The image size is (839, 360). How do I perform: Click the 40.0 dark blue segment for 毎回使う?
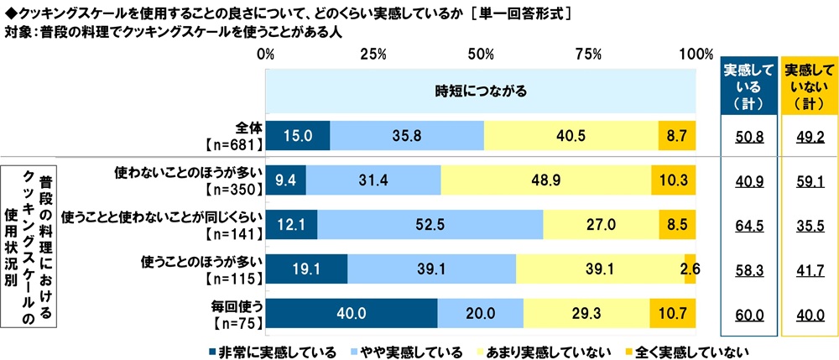click(x=352, y=315)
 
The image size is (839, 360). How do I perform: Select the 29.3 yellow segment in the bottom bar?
click(x=586, y=315)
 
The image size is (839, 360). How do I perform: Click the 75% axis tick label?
click(x=590, y=55)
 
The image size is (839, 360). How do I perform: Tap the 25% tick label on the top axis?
click(x=373, y=55)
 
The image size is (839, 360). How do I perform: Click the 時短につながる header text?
click(x=481, y=91)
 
